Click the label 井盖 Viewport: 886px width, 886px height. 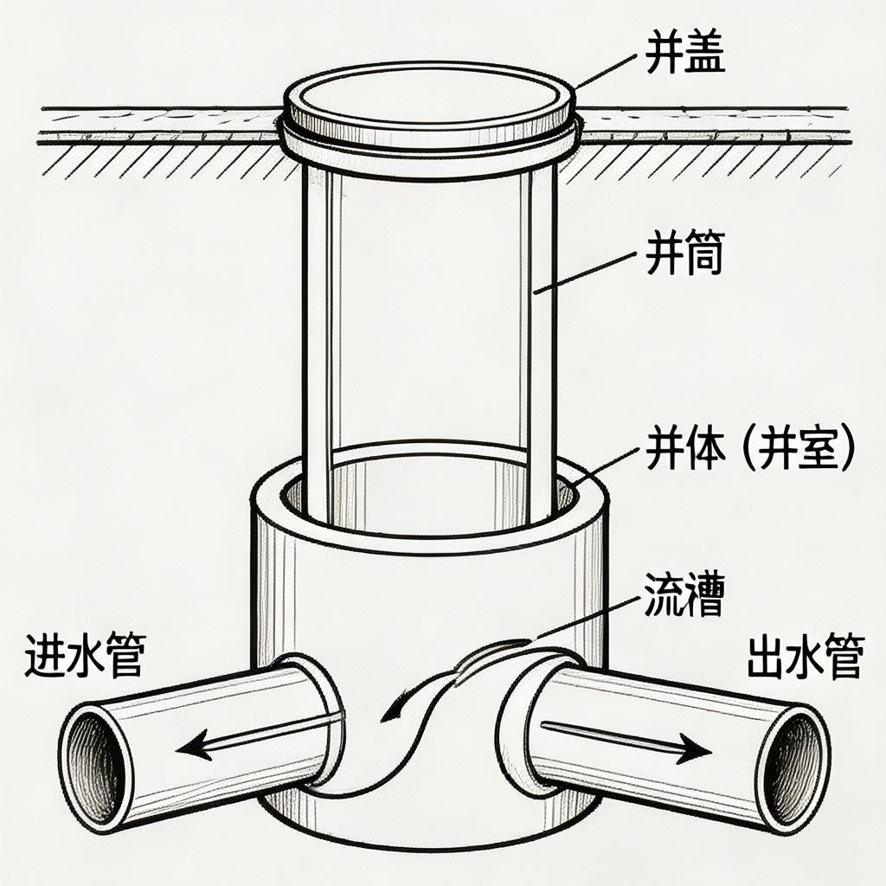click(x=684, y=54)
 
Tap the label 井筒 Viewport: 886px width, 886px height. click(x=684, y=257)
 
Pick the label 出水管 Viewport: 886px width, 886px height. click(x=804, y=658)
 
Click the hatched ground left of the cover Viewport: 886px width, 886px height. click(x=156, y=160)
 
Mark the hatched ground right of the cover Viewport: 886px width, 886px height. click(x=709, y=160)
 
